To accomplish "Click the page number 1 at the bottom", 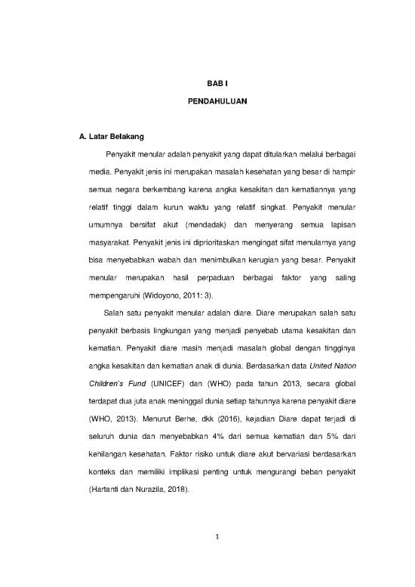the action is point(207,554).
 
